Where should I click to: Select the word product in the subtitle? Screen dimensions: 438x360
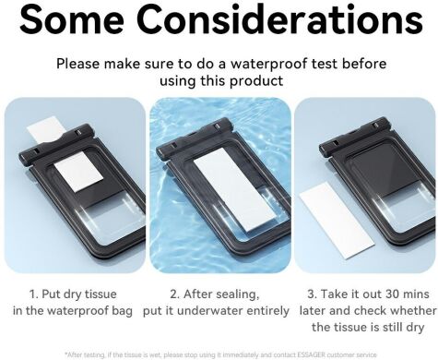coord(256,81)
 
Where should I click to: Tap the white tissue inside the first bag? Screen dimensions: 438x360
coord(78,172)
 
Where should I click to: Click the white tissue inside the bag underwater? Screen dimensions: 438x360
coord(234,194)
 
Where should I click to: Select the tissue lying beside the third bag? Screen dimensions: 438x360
coord(337,220)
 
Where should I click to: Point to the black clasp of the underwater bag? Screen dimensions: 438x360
coord(195,138)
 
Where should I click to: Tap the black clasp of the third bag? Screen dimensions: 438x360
coord(353,136)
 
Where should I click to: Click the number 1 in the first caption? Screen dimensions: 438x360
coord(33,294)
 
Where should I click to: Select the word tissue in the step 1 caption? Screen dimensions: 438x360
coord(101,294)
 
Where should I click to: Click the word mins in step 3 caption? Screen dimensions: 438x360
coord(417,294)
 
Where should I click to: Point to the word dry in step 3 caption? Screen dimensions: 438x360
coord(416,328)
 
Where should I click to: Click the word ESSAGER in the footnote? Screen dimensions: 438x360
coord(311,355)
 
